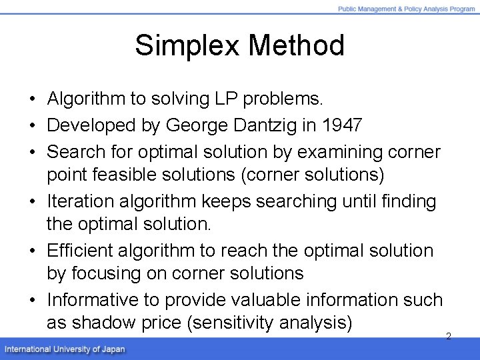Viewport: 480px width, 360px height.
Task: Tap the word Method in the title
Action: coord(297,46)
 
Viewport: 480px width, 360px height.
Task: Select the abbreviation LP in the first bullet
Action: coord(224,99)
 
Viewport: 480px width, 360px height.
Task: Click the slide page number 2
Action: coord(448,336)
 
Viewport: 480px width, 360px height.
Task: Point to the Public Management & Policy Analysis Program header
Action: coord(406,9)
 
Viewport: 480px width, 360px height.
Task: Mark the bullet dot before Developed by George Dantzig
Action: coord(32,125)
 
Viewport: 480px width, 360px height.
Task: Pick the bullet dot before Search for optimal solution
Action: coord(32,152)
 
